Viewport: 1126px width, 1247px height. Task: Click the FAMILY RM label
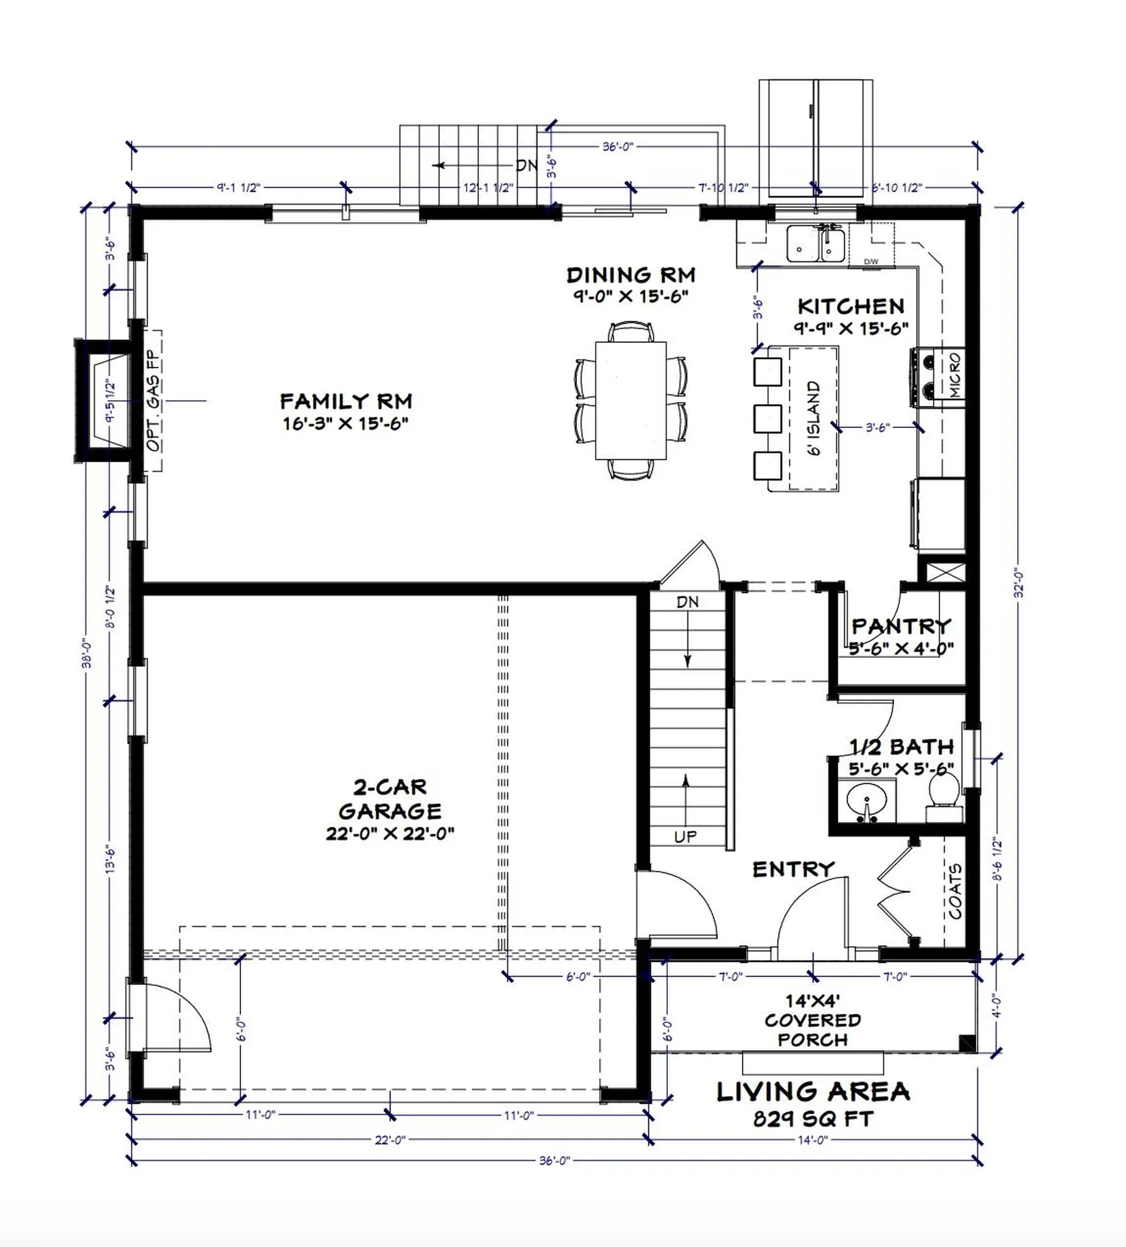pos(346,401)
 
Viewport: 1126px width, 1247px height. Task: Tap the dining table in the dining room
pos(630,400)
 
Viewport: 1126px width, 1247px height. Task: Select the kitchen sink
pos(815,244)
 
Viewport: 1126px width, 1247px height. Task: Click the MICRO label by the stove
pos(954,375)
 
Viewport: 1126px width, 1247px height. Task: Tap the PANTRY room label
pos(901,626)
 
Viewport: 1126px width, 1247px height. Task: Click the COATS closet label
pos(955,891)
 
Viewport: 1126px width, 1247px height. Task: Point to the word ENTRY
pos(793,869)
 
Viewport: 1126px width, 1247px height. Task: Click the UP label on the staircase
pos(685,837)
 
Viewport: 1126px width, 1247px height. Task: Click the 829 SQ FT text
pos(813,1119)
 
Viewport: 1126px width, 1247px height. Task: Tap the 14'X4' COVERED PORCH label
pos(812,1020)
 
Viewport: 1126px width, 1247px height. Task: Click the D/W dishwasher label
pos(871,262)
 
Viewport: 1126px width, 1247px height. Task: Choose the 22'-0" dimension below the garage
pos(390,1140)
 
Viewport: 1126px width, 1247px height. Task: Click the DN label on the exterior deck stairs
pos(526,166)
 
